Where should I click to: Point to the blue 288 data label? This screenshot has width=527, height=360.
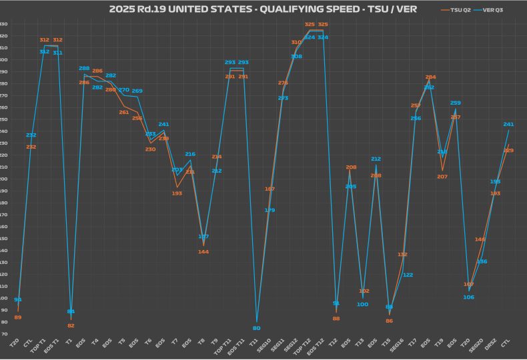click(x=84, y=69)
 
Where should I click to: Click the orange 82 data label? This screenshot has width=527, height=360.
click(x=71, y=325)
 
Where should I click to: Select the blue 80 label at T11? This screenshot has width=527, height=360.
click(x=256, y=328)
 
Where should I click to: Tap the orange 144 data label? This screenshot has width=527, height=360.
click(x=203, y=251)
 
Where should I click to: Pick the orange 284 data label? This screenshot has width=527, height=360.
click(x=430, y=77)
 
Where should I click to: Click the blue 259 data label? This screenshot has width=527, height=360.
click(x=456, y=103)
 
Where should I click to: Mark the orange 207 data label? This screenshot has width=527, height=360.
click(x=442, y=177)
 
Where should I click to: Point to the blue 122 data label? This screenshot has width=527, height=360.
click(x=408, y=275)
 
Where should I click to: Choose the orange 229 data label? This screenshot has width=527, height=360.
click(x=508, y=151)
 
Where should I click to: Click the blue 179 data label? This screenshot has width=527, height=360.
click(x=270, y=210)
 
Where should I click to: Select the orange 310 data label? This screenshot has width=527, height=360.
click(x=296, y=42)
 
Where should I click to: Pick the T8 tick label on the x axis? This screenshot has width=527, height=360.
click(x=201, y=341)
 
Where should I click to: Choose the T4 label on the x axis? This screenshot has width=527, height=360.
click(x=95, y=341)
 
